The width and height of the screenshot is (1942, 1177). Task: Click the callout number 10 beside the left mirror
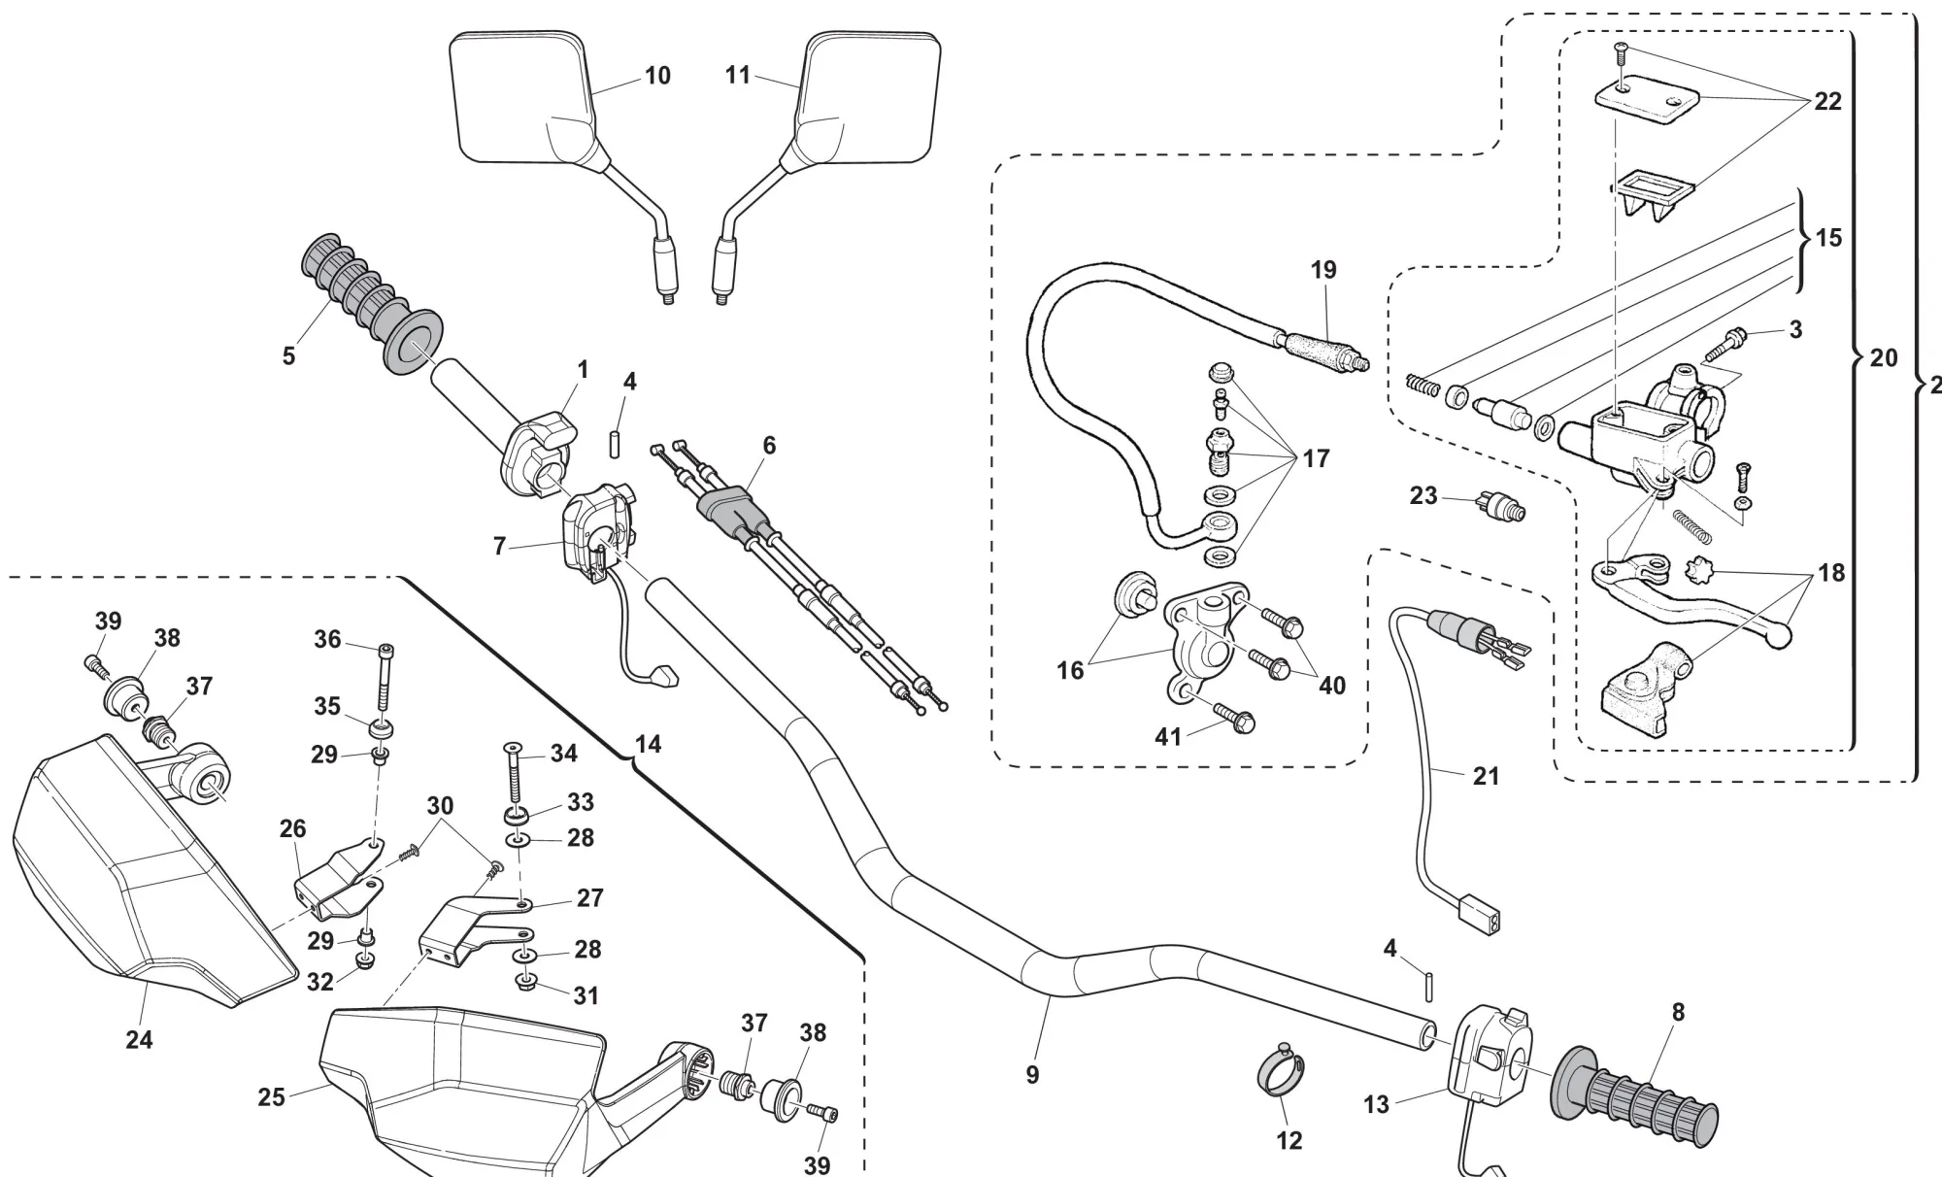[657, 76]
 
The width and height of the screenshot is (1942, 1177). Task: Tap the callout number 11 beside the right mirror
[738, 75]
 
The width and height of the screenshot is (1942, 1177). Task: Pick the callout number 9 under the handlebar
[1032, 1075]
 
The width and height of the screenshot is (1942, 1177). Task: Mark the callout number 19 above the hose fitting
[1323, 270]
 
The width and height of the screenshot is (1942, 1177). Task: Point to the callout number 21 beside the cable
[1486, 776]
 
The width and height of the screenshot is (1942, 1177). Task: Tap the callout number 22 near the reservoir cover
[1827, 102]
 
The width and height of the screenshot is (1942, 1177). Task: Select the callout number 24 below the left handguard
[139, 1040]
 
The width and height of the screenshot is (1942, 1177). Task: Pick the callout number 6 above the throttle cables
[769, 446]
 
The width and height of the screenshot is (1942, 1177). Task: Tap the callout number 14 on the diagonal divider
[648, 744]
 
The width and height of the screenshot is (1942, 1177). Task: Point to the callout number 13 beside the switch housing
[1376, 1104]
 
